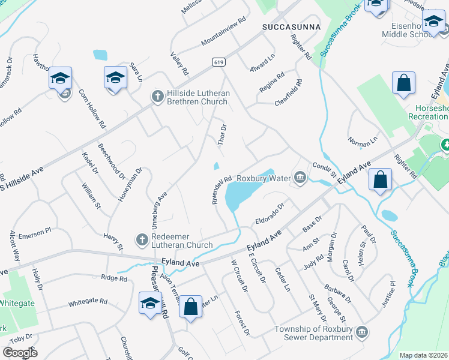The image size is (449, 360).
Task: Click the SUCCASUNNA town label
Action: click(291, 28)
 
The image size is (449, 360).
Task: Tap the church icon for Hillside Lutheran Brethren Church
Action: click(157, 96)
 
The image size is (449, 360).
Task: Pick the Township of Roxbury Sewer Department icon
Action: click(361, 332)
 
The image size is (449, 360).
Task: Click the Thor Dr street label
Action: click(223, 135)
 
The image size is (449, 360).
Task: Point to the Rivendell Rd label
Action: click(221, 190)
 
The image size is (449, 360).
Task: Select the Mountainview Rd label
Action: click(224, 29)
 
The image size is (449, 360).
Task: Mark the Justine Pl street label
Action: click(390, 295)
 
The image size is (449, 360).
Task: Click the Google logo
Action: click(20, 353)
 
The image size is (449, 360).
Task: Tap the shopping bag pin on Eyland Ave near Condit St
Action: click(380, 179)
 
